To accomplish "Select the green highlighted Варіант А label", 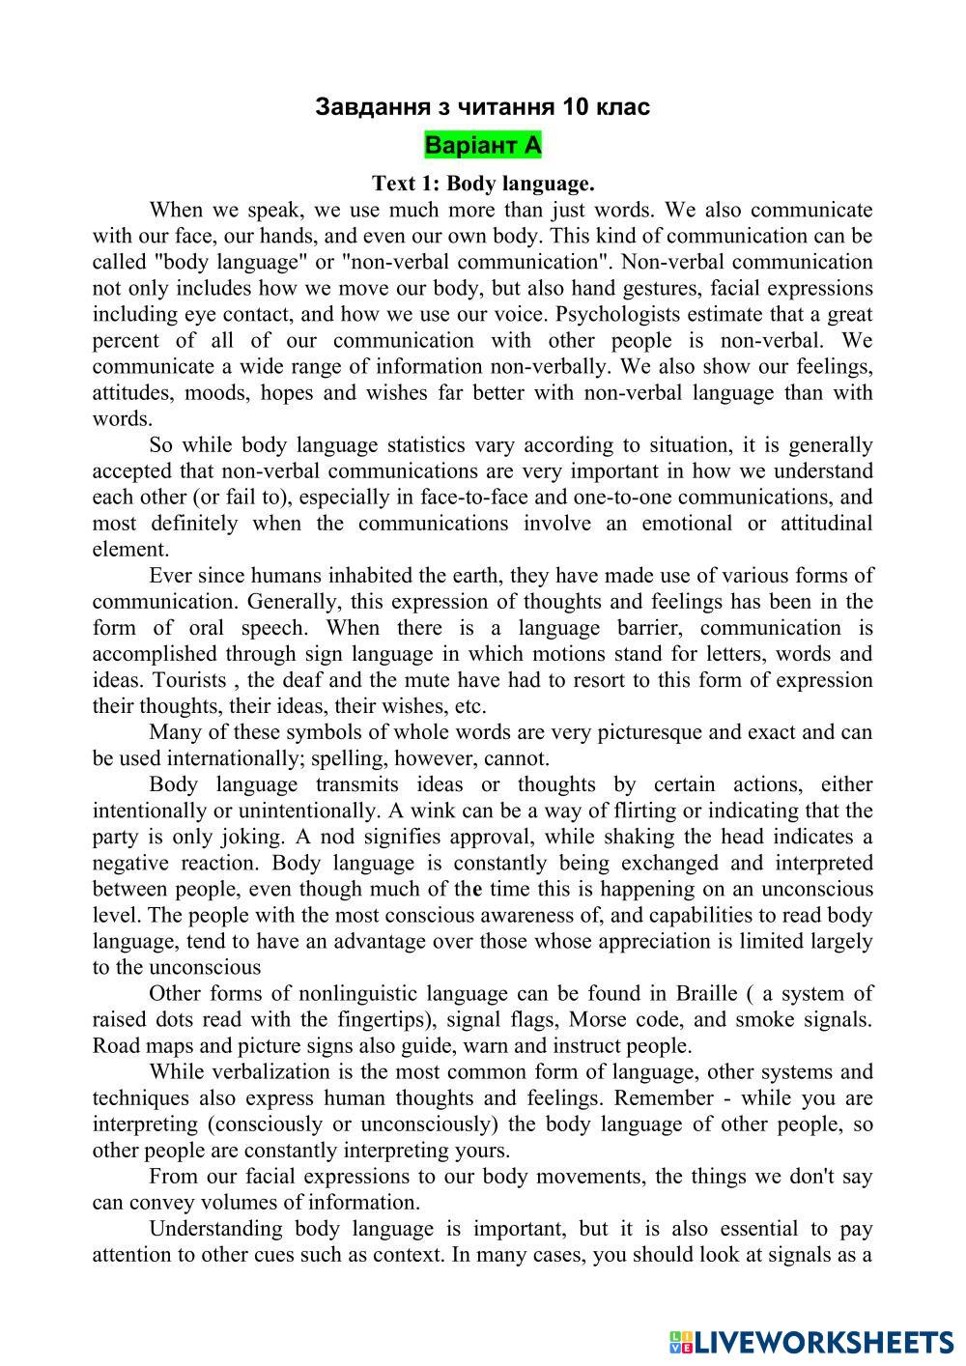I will coord(483,146).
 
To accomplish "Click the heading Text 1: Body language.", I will coord(483,184).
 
